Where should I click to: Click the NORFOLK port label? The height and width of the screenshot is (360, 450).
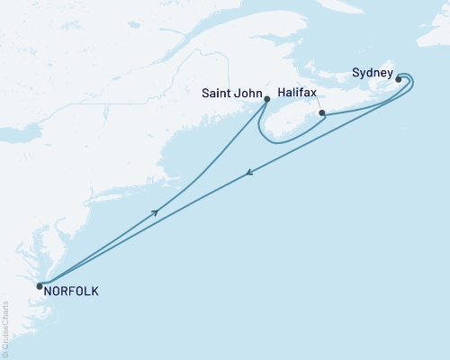pos(72,292)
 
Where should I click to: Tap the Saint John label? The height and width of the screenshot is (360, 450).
pos(230,91)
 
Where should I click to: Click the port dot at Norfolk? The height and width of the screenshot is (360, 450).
pos(40,287)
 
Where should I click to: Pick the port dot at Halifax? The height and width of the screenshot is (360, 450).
pos(321,114)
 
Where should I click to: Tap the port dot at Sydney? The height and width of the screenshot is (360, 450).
pos(398,79)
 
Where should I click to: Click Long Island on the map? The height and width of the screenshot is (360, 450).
pos(117,199)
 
